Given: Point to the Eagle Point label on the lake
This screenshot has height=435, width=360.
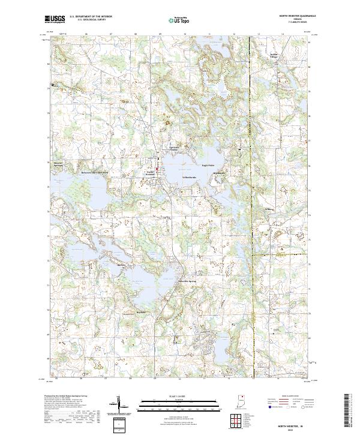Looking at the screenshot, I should [208, 166].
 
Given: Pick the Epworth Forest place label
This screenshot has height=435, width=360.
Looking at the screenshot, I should [173, 148].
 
